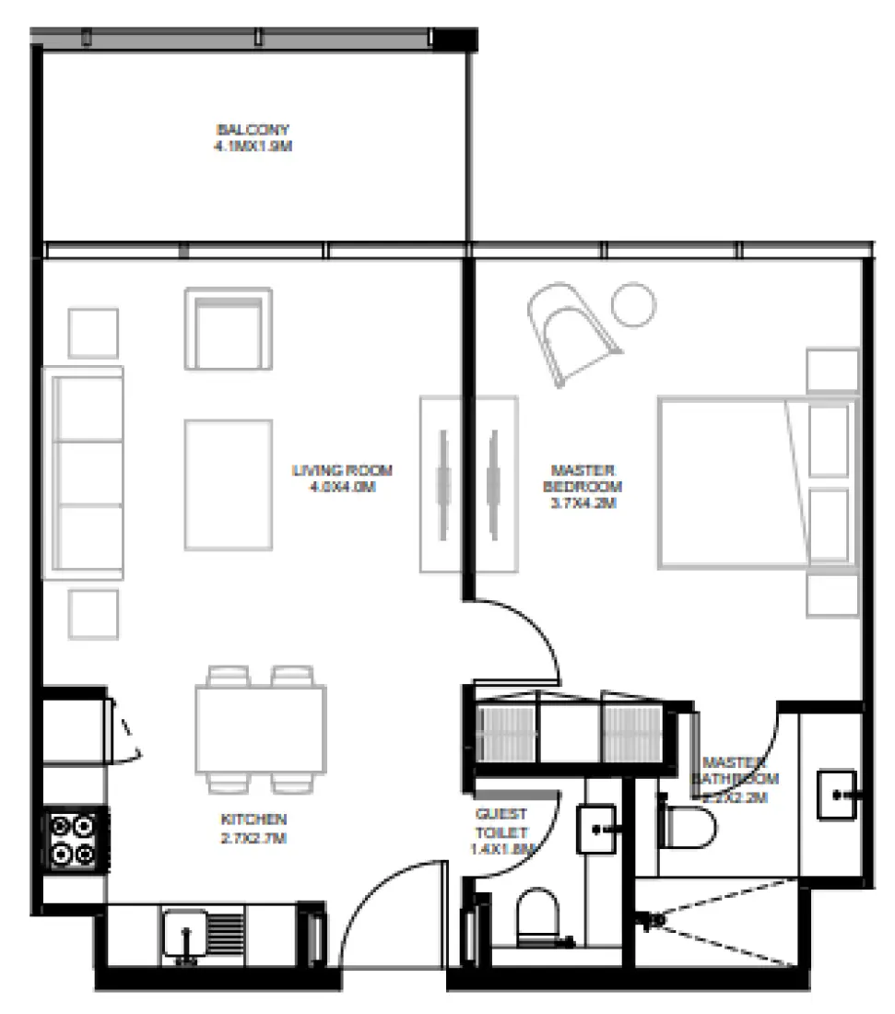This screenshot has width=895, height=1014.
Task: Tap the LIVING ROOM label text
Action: coord(342,470)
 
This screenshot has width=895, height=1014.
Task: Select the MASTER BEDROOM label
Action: coord(583,478)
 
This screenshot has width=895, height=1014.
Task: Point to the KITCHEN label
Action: coord(253,819)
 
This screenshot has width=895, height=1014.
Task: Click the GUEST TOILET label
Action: coord(501,823)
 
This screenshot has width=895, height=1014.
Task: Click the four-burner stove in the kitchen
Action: coord(74,839)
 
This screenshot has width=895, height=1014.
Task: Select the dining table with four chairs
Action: coord(260,729)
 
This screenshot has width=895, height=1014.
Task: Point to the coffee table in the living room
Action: coord(228,485)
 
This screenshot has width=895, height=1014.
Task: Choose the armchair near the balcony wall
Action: coord(228,329)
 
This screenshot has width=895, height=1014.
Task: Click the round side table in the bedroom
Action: coord(633,304)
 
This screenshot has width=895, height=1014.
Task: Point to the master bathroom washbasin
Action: coord(839,794)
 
